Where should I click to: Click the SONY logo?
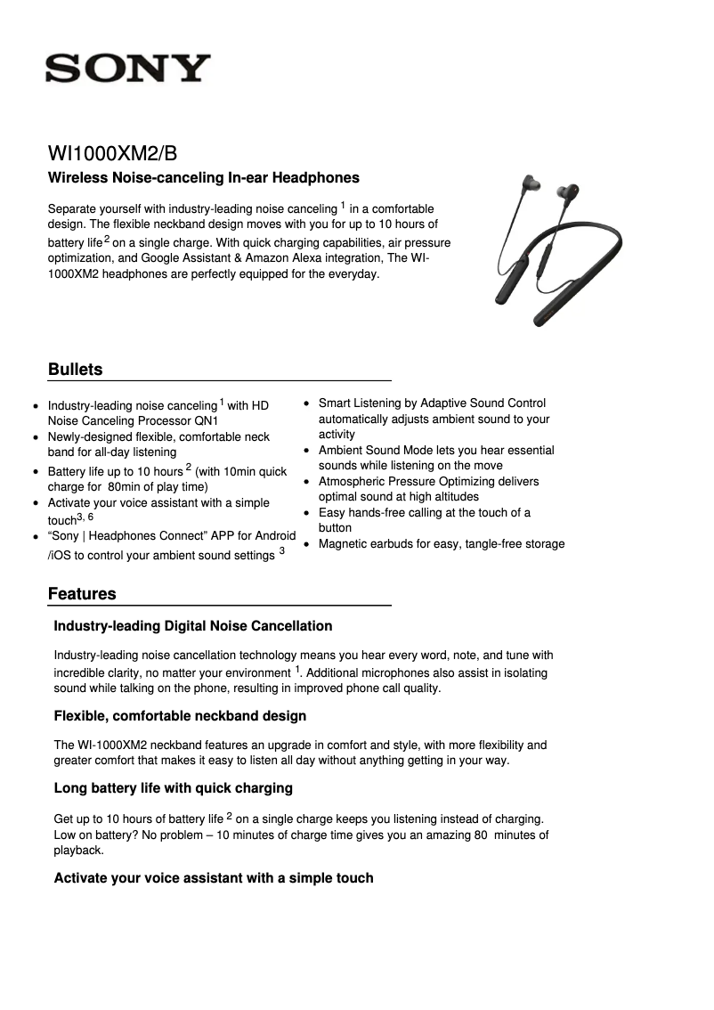point(128,69)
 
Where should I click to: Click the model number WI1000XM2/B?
point(118,152)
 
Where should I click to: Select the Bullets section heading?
point(76,370)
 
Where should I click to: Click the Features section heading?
point(82,594)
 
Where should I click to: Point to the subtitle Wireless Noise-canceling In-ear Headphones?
point(204,178)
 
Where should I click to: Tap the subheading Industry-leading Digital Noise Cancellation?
point(193,626)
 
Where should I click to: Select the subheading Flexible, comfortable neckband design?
point(180,716)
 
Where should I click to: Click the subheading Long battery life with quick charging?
point(174,788)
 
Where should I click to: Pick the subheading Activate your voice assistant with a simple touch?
point(214,878)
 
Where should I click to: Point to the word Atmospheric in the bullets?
point(354,482)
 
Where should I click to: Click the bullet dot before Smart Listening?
point(307,404)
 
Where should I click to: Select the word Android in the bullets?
point(274,536)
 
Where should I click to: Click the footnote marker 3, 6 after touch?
point(85,517)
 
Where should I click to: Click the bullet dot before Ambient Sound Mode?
point(307,451)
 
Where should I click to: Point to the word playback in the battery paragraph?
point(79,851)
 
